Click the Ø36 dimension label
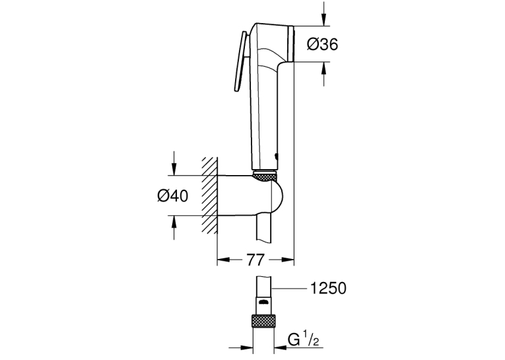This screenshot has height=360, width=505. point(322,44)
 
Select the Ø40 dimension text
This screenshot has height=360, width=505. point(173,196)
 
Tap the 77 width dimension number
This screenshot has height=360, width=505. point(255,260)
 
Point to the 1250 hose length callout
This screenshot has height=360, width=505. point(328,288)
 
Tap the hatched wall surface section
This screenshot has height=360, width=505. point(209,196)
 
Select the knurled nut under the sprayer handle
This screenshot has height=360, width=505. point(265,176)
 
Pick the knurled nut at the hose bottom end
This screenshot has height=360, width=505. point(264,320)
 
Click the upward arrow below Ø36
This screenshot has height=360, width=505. point(323,73)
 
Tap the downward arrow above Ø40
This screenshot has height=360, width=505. point(174,163)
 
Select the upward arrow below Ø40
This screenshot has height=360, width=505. point(174,227)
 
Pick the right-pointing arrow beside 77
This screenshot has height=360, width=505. point(282,260)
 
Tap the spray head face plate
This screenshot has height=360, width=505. point(292,44)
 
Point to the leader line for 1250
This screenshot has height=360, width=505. point(288,289)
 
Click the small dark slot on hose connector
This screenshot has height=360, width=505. point(264,303)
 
